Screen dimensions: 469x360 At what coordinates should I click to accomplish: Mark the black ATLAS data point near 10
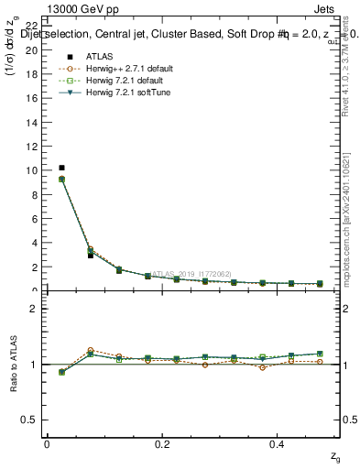(x=61, y=168)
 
